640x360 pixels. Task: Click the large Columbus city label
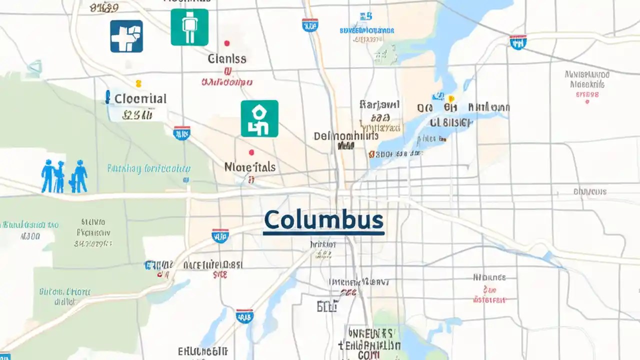point(323,220)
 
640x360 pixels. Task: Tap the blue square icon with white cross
point(126,36)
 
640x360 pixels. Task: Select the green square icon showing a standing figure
point(189,27)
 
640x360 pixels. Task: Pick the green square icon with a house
point(259,118)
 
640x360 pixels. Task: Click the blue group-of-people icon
point(64,176)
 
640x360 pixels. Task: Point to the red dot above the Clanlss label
point(227,43)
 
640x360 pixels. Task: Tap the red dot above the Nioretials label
point(251,152)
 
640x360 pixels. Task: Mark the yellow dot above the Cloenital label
point(138,83)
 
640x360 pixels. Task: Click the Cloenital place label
point(140,98)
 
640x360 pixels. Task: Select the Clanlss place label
point(227,58)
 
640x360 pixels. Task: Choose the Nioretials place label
point(250,167)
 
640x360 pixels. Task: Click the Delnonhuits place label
point(346,136)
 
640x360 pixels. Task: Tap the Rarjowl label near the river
point(380,105)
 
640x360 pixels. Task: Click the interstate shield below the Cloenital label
point(181,133)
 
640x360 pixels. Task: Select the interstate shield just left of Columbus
point(220,235)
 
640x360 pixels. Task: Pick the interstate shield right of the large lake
point(518,42)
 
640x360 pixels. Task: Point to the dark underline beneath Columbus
point(323,233)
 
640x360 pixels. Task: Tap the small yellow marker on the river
point(451,98)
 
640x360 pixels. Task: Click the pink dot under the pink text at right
point(587,101)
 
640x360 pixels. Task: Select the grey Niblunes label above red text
point(489,277)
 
